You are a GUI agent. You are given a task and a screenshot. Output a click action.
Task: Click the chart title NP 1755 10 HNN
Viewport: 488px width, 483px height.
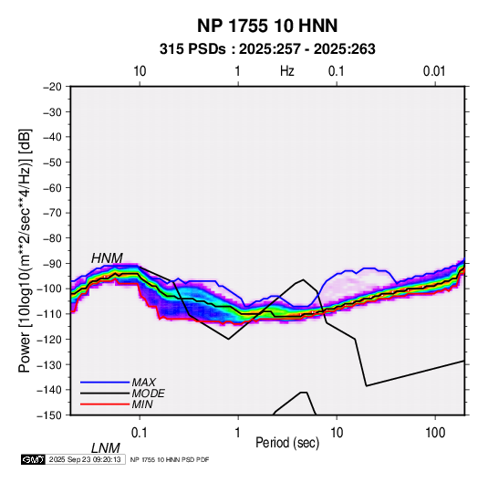tap(267, 26)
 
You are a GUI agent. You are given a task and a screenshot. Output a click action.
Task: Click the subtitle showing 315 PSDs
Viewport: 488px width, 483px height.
tap(267, 49)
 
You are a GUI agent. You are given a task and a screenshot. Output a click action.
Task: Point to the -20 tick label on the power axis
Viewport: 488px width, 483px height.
tap(52, 87)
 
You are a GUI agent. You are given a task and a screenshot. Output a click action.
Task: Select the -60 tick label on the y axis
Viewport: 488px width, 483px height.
tap(52, 187)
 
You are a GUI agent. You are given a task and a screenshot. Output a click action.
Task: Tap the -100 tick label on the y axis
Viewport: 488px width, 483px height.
tap(49, 289)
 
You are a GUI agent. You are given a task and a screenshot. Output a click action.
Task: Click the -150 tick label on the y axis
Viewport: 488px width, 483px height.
tap(49, 415)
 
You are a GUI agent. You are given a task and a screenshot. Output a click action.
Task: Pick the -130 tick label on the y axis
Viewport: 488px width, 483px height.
tap(49, 364)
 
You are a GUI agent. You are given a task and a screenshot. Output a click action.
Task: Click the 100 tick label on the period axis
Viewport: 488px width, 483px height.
tap(434, 433)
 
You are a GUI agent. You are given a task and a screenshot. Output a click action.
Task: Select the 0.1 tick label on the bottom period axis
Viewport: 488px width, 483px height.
tap(140, 433)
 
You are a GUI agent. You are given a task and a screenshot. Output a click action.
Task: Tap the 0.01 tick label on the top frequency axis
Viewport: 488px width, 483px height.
tap(434, 71)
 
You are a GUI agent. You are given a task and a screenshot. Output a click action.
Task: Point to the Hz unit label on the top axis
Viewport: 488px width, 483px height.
tap(287, 71)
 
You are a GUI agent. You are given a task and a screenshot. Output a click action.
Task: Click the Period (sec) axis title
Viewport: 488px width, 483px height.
tap(287, 443)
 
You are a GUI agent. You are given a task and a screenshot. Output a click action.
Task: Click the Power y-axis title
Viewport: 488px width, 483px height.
tap(25, 250)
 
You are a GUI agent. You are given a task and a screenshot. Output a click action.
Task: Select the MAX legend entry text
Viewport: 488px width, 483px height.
tap(144, 383)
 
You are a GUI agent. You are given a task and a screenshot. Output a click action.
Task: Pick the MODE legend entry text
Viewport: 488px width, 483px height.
tap(148, 394)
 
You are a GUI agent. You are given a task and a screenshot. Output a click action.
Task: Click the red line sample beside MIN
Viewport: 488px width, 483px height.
tap(105, 404)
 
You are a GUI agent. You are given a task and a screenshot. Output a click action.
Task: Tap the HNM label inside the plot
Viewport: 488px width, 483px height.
tap(107, 258)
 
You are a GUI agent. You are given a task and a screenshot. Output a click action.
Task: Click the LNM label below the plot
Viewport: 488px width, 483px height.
tap(106, 448)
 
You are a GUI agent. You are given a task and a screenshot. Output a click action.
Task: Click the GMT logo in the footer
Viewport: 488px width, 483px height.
tap(34, 459)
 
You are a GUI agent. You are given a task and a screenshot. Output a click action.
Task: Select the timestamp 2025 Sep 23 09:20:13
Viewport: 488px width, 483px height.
tap(85, 459)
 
